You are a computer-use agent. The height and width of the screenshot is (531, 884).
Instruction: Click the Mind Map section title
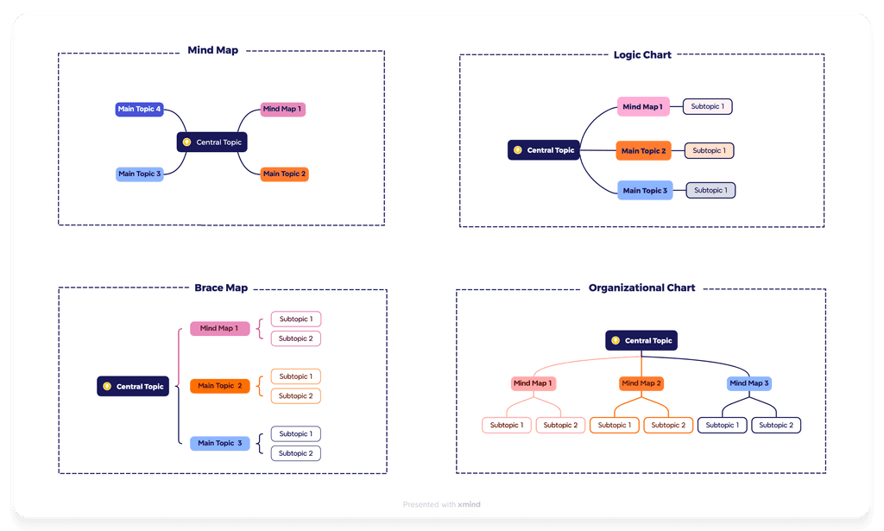[212, 50]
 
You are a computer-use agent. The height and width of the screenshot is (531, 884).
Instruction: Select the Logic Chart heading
[641, 54]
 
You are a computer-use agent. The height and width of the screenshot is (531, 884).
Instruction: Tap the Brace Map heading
[220, 288]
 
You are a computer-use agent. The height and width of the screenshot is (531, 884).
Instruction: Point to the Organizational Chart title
[641, 288]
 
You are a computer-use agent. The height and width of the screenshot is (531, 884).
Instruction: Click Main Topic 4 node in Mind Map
[139, 110]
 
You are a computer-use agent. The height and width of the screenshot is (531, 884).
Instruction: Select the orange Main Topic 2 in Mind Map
[284, 174]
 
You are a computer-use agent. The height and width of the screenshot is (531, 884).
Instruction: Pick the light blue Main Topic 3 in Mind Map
[139, 174]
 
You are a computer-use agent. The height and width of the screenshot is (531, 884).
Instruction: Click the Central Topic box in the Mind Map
[212, 142]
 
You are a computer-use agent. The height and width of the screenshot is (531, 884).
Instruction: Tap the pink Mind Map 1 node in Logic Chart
[643, 107]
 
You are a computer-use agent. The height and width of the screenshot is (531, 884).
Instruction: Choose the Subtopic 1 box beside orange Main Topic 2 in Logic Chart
[709, 150]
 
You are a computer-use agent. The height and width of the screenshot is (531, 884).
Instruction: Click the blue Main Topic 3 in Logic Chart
[645, 190]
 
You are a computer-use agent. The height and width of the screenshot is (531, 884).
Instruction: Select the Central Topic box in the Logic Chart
[543, 150]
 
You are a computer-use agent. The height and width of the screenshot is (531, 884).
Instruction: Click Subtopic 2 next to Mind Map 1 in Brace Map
[296, 338]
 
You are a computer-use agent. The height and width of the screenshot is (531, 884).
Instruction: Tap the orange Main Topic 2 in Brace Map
[219, 386]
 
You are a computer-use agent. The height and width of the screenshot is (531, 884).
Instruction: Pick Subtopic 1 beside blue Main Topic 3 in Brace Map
[296, 433]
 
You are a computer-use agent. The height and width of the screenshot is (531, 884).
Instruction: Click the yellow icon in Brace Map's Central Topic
[107, 387]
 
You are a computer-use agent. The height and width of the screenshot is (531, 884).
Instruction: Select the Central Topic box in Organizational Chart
[641, 340]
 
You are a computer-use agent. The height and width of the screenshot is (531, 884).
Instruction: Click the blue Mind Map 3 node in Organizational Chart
[748, 383]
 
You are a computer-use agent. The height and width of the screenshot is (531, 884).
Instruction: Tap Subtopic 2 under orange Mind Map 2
[668, 425]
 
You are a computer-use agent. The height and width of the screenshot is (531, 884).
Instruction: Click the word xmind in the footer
[470, 504]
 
